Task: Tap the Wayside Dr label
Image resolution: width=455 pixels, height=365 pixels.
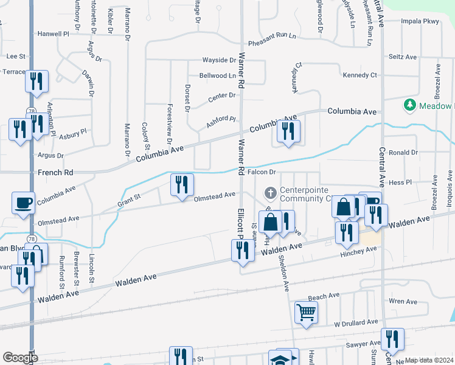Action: pos(219,60)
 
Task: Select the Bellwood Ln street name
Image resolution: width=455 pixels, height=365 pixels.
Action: pos(217,76)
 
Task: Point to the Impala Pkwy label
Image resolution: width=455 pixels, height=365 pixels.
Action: pos(420,21)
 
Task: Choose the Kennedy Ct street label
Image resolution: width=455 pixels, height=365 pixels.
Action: pos(359,75)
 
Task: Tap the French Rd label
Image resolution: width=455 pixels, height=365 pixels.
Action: pos(55,173)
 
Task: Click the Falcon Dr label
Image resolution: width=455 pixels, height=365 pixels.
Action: pos(262,173)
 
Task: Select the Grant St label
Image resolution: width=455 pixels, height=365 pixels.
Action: pos(128,198)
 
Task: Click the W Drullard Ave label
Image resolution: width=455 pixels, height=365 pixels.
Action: pos(356,322)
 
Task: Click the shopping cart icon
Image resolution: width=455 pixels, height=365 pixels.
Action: pos(306,312)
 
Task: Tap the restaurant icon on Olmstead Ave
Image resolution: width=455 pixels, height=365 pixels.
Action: pos(182,184)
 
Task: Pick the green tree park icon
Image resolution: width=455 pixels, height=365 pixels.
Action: pos(410,106)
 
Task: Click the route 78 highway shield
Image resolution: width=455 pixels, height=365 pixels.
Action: pos(30,111)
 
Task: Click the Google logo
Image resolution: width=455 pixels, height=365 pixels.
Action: pos(20,357)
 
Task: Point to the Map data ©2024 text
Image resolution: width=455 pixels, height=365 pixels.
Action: pos(428,360)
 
